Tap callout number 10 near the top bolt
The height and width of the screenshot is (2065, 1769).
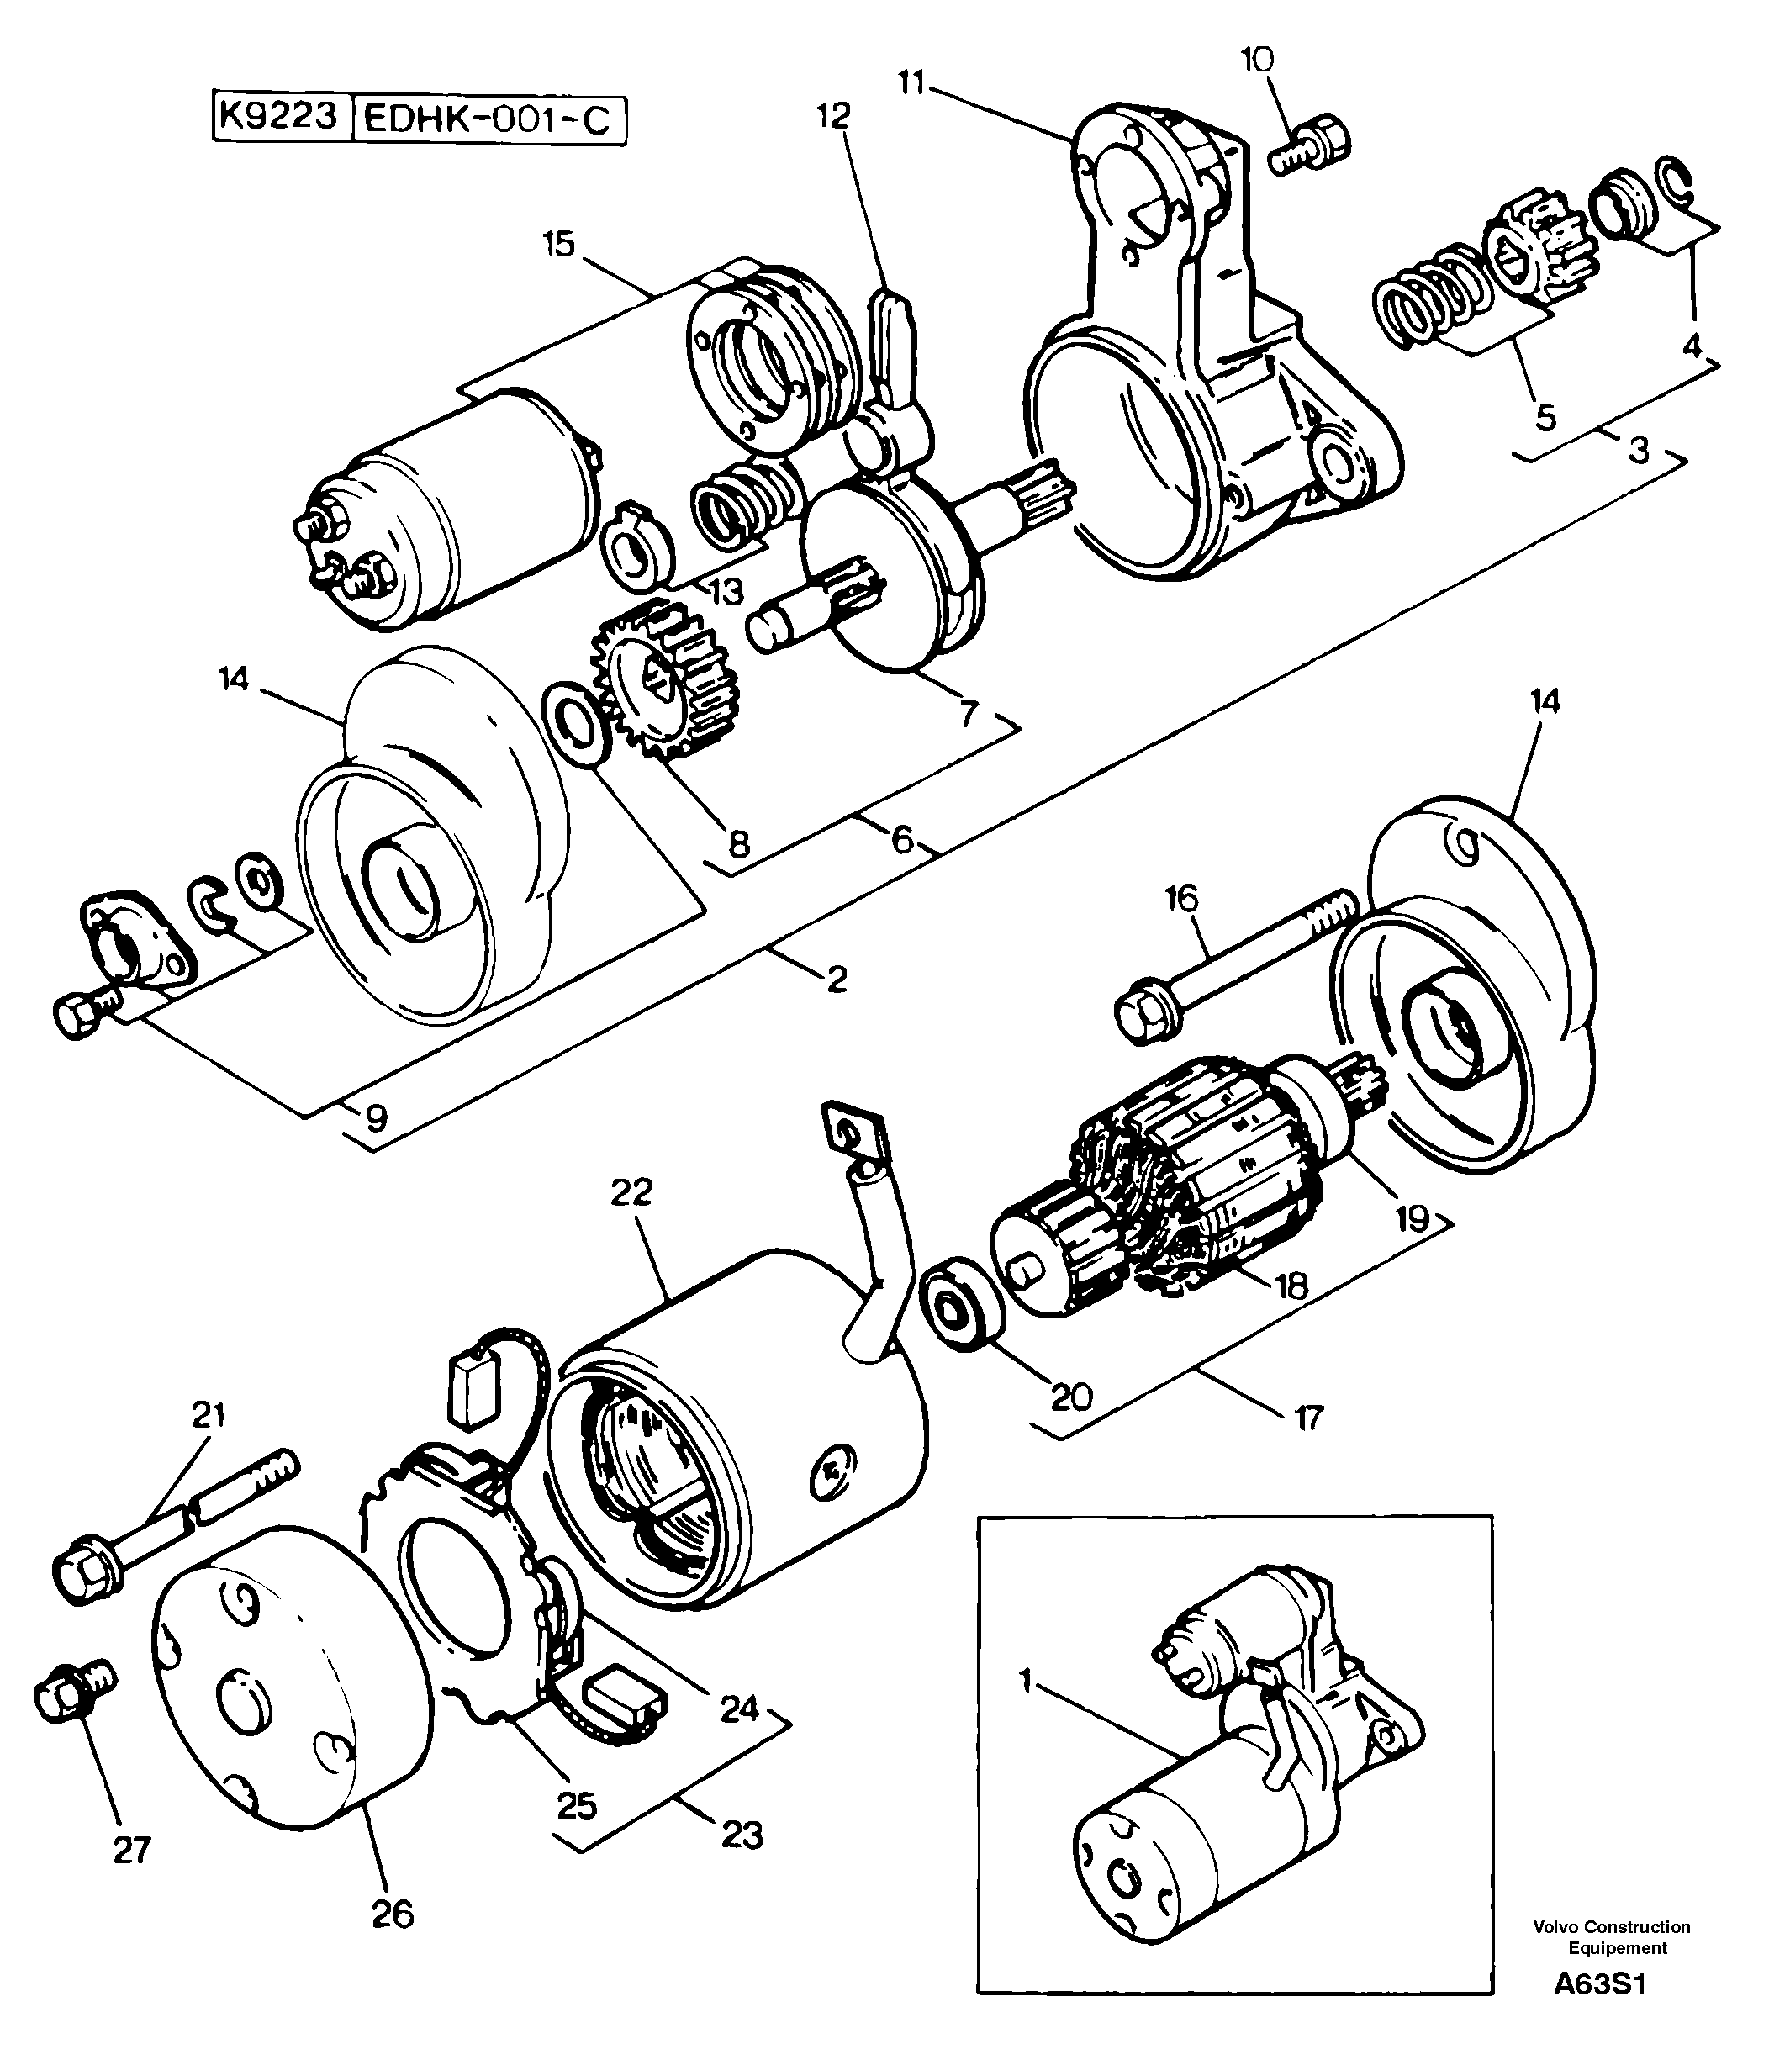1257,61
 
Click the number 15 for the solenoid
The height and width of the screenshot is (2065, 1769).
559,243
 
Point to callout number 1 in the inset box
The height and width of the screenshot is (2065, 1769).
1026,1680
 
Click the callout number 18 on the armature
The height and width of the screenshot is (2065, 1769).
1291,1285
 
